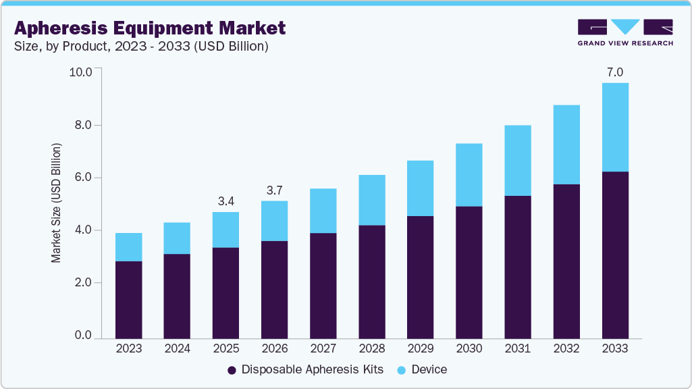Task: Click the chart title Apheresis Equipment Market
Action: pos(149,28)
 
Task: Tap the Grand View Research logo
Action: pos(624,32)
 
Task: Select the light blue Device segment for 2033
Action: pos(614,127)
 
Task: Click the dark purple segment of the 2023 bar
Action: pos(128,299)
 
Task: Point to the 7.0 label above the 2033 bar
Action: pos(614,72)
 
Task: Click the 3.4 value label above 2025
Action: pos(225,201)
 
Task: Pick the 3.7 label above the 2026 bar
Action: pos(274,190)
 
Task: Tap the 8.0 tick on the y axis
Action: pos(83,125)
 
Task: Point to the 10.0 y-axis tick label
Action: pos(81,72)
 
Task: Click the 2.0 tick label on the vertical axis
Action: pos(83,283)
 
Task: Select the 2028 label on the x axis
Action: pos(371,349)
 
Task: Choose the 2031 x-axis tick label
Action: pos(517,349)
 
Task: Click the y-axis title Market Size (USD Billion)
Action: pos(57,203)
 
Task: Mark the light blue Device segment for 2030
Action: pos(469,175)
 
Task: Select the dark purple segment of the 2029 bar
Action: pos(420,277)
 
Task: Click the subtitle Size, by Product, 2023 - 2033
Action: pos(141,47)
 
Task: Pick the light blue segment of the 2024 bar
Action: pos(177,238)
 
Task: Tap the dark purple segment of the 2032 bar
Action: pos(566,261)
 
